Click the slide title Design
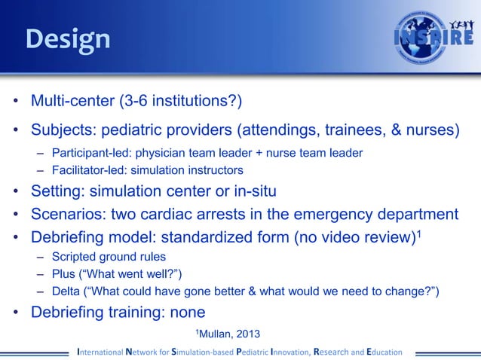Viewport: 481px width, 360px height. coord(68,38)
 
